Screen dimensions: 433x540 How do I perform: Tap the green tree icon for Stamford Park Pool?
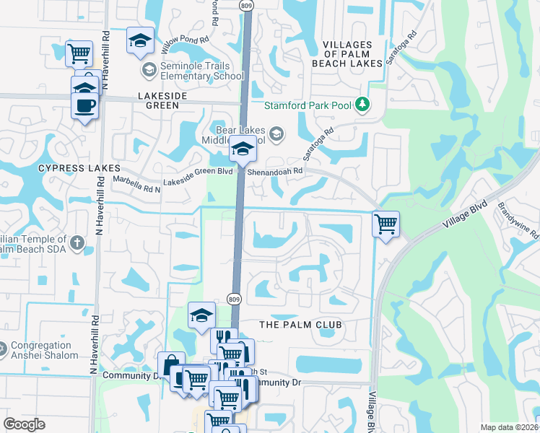(362, 105)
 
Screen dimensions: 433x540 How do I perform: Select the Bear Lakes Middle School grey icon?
(276, 134)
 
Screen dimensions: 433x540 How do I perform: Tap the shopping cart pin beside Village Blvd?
(386, 224)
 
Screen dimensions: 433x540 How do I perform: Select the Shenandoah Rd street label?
(275, 172)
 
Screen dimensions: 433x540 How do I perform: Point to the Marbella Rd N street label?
(137, 188)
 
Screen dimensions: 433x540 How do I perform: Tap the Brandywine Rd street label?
(518, 220)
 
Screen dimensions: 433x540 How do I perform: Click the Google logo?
(24, 424)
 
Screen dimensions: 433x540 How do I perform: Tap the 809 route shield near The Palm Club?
(233, 299)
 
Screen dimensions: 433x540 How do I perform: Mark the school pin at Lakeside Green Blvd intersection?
(243, 149)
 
